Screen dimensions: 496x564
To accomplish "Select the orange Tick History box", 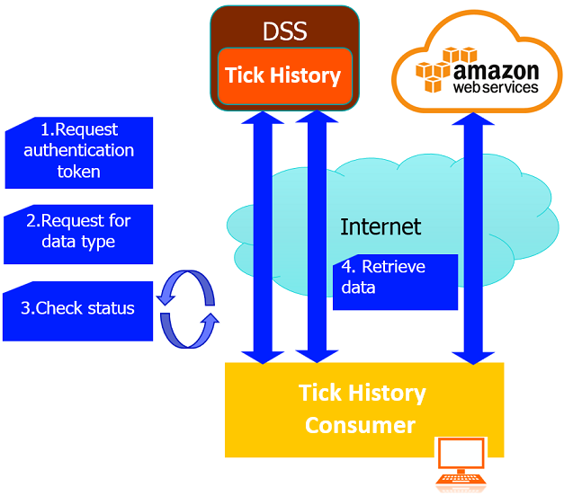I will click(x=283, y=75).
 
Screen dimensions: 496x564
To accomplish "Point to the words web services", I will click(x=496, y=88).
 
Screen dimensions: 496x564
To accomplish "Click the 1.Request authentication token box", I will click(x=79, y=151).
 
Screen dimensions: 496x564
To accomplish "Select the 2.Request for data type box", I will click(x=79, y=231).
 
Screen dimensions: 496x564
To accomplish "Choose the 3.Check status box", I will click(x=78, y=309).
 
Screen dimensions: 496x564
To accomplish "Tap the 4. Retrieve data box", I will click(x=395, y=278).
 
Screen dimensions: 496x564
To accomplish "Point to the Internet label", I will click(x=380, y=226).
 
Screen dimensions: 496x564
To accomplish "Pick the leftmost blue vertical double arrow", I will click(x=264, y=238).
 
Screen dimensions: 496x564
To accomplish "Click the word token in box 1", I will click(x=78, y=171).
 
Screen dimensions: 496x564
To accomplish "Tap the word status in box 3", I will click(x=111, y=309).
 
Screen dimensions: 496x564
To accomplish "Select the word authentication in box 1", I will click(x=79, y=150).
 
